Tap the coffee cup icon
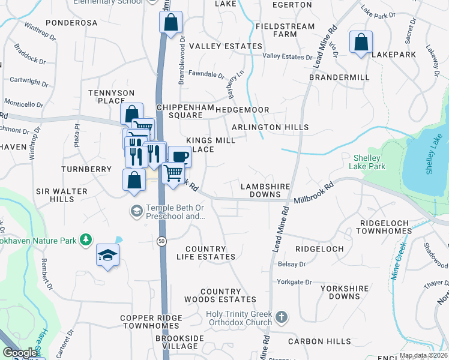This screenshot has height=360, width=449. coord(179,157)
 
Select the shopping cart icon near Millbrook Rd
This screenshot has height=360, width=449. coord(173,173)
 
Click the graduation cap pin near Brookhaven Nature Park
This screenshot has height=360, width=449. coord(108,256)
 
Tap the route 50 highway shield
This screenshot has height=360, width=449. coord(161,241)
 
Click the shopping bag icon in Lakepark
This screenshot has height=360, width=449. coord(361,43)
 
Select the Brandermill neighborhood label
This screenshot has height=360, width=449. coord(337,78)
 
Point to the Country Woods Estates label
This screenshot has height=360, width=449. coord(220,295)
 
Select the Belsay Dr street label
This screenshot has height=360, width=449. coord(292,263)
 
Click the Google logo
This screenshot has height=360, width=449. coord(20,353)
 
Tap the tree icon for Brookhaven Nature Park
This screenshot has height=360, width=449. coord(86,240)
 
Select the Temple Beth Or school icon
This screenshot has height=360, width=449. coord(136,211)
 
